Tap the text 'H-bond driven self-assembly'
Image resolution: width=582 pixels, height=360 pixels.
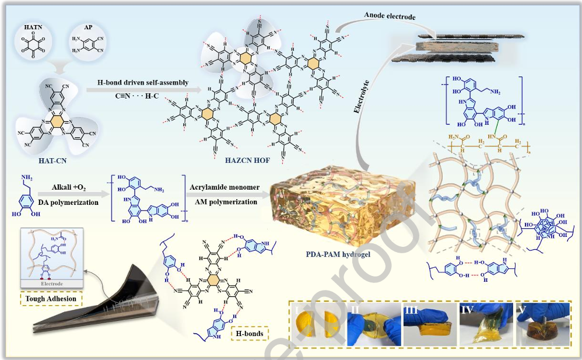tap(142, 83)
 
